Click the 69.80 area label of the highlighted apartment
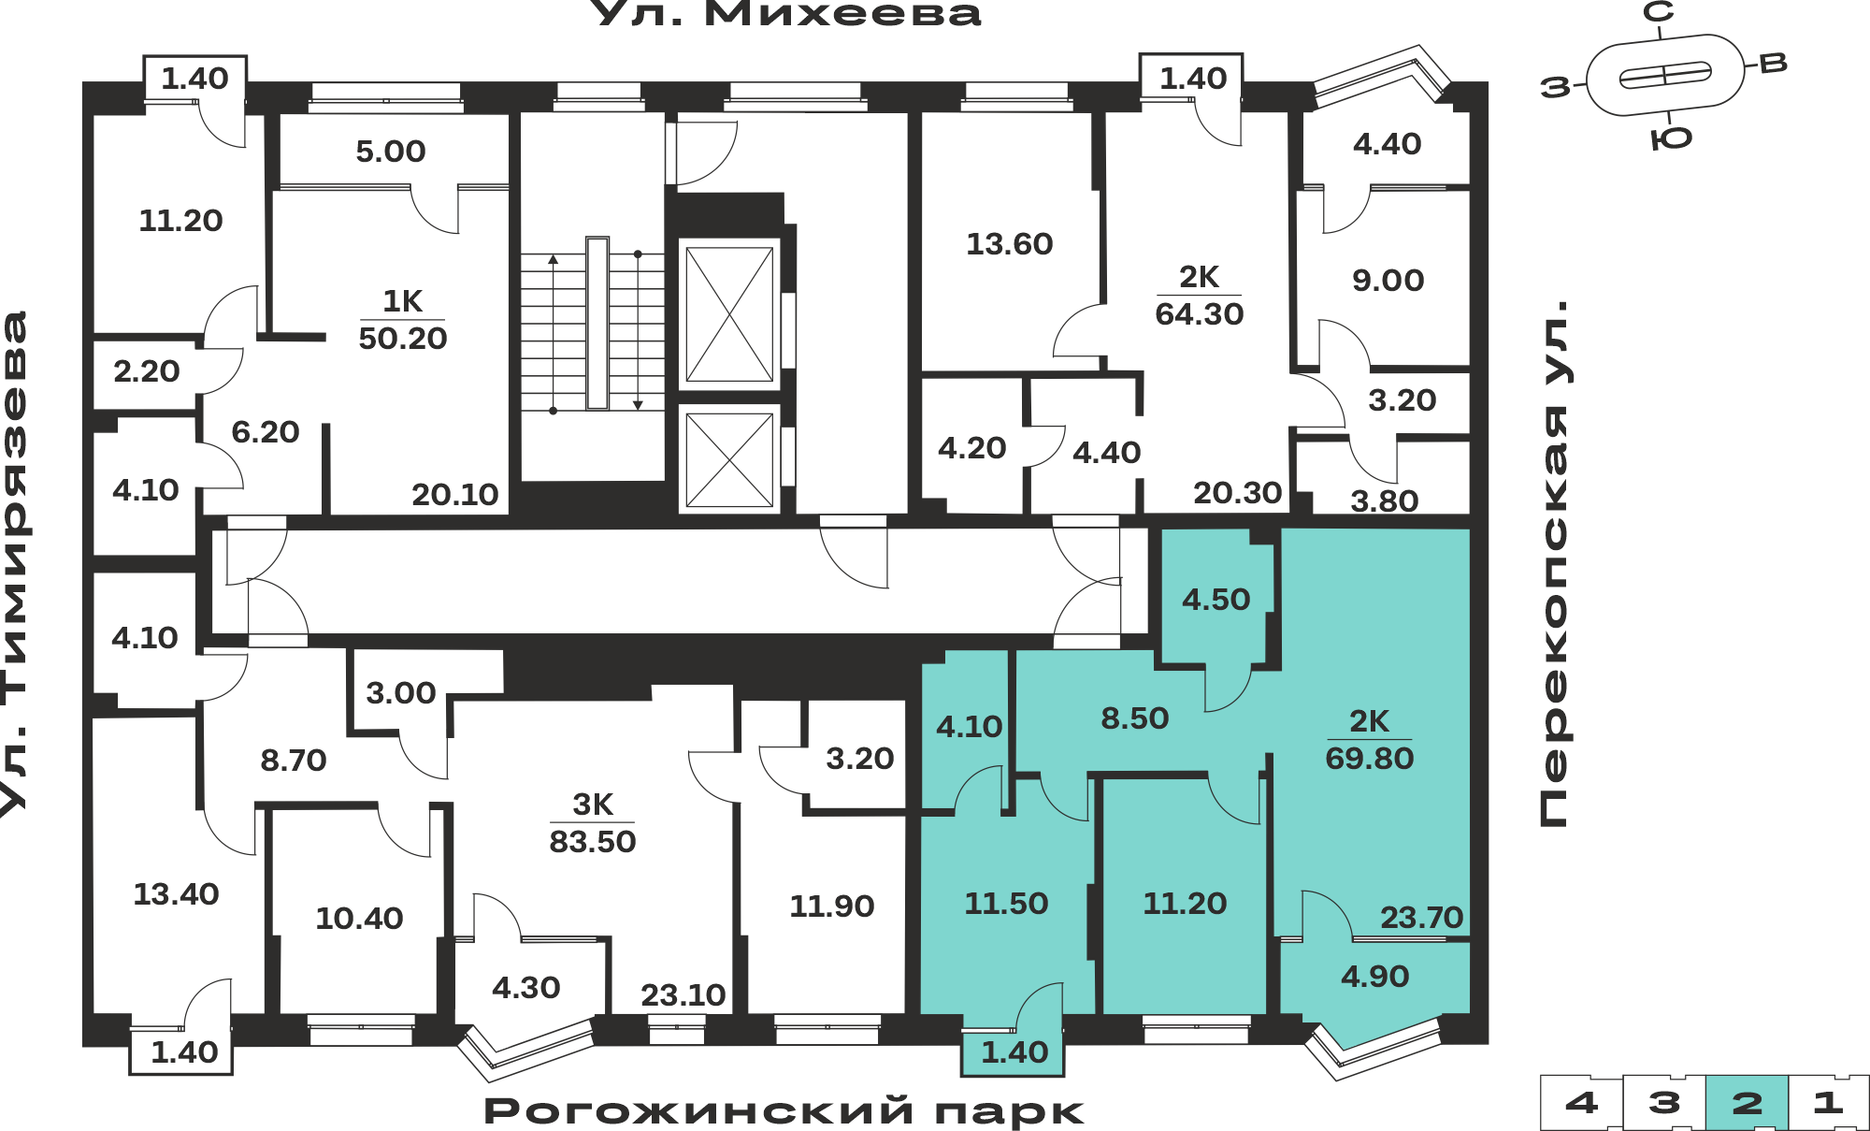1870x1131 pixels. coord(1369,758)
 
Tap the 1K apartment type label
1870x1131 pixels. coord(403,301)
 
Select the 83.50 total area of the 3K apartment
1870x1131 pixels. coord(592,841)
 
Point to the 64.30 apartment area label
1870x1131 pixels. coord(1200,313)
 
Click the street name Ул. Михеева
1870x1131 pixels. coord(787,13)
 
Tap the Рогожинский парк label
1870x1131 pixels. coord(784,1111)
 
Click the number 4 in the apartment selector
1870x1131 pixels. coord(1581,1102)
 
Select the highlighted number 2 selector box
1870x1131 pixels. coord(1747,1102)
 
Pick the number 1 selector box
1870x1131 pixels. coord(1828,1102)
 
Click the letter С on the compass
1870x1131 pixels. coord(1659,11)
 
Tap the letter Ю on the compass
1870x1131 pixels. coord(1671,138)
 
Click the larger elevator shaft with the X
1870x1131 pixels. coord(729,313)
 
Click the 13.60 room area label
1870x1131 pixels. coord(1009,244)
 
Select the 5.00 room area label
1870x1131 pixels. coord(391,152)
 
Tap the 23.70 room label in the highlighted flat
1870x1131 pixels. coord(1421,917)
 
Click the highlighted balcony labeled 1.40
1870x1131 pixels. coord(1014,1052)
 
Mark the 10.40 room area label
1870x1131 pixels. coord(359,919)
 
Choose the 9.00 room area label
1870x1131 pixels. coord(1388,281)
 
